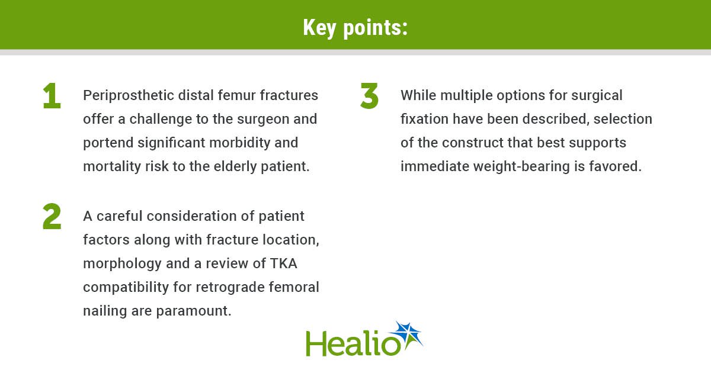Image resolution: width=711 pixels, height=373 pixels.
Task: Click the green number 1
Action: tap(52, 96)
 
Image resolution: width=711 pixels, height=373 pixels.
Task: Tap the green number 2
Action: tap(52, 216)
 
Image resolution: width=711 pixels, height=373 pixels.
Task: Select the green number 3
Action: tap(370, 96)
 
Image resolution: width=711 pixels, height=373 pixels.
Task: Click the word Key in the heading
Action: tap(319, 28)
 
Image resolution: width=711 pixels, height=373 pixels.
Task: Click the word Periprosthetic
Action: tap(128, 96)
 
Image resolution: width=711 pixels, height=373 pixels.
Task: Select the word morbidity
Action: tap(239, 143)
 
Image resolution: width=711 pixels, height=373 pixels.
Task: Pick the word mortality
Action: tap(112, 167)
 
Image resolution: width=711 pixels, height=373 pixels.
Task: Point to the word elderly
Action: tap(235, 167)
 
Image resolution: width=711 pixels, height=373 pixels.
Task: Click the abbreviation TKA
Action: tap(283, 263)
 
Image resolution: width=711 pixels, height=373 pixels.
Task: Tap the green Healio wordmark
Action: tap(353, 343)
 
